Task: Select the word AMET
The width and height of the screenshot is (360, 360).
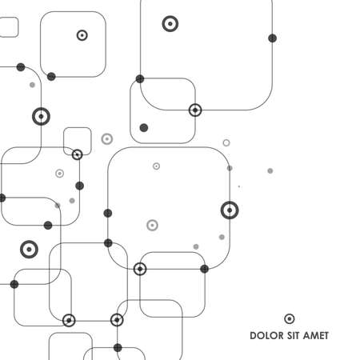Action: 315,335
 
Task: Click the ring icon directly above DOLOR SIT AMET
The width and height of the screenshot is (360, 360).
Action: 290,318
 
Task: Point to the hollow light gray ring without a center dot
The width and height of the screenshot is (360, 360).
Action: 226,142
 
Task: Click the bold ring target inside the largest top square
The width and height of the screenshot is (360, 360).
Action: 170,24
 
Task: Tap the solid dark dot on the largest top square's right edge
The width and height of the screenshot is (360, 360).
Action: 272,38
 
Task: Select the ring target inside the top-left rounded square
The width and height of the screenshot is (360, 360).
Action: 82,35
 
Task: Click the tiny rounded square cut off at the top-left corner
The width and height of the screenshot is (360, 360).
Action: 8,27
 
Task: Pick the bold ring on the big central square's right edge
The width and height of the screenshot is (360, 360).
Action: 230,210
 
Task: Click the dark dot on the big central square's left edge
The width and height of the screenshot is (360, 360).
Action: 108,213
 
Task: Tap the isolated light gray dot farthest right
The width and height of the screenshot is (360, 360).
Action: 270,170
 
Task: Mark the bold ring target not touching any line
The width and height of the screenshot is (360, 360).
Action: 29,250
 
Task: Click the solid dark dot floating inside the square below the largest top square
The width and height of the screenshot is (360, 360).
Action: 144,128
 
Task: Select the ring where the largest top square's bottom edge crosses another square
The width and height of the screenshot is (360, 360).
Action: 195,110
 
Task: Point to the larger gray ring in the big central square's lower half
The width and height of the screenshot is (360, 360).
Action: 152,226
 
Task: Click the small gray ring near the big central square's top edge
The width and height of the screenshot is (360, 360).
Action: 157,166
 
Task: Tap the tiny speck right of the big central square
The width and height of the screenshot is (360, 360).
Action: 239,186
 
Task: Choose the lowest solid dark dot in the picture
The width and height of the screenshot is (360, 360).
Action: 118,348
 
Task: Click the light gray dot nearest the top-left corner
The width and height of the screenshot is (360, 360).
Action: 32,85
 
